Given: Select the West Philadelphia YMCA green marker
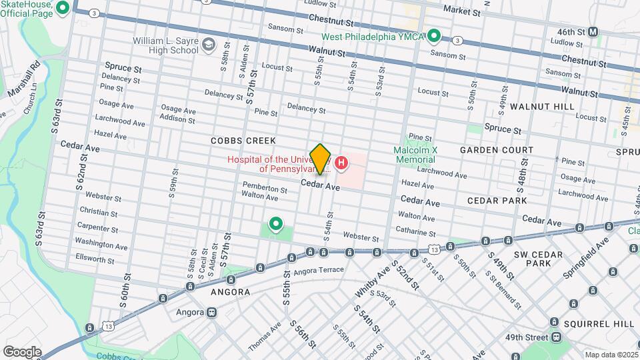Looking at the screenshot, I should click(x=434, y=35).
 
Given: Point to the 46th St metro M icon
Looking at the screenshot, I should click(x=593, y=31).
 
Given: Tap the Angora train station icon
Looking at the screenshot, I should click(x=212, y=311).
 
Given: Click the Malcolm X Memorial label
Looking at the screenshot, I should click(x=415, y=155).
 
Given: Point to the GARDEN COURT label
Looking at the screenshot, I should click(x=497, y=151).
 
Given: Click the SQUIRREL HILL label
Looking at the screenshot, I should click(x=599, y=324).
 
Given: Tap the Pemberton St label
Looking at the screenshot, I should click(x=265, y=189).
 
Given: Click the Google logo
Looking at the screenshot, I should click(x=22, y=351).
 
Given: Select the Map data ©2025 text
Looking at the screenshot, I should click(x=611, y=355).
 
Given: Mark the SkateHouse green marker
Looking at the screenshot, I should click(x=63, y=8).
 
